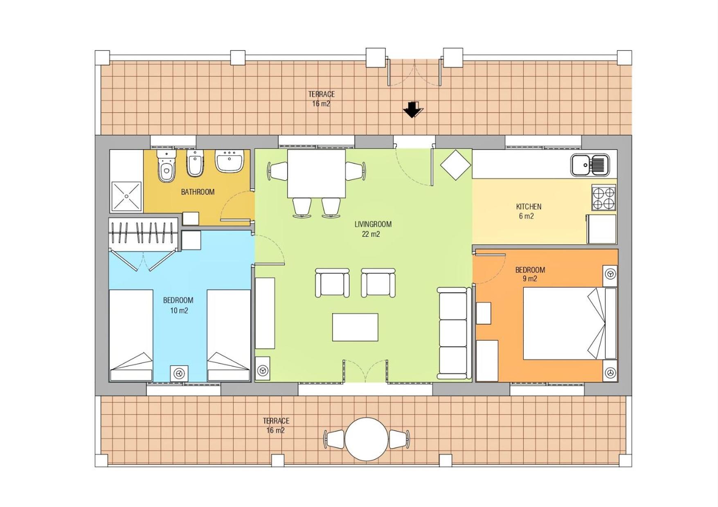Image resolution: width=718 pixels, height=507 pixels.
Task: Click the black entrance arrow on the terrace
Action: pos(413,109)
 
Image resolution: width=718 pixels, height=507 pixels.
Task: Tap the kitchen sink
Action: pos(590,165)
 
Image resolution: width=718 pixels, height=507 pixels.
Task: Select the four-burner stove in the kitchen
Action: pos(604,197)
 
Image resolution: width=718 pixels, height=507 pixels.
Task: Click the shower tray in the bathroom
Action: pos(126,196)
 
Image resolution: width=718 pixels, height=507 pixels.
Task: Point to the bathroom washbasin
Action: pos(230,160)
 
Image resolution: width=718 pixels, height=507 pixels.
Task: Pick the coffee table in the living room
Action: pos(355,327)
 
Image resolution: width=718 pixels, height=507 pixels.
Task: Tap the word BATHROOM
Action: pos(198,192)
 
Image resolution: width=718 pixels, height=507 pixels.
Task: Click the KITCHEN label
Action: pos(529,207)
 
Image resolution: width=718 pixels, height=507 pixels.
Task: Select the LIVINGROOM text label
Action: pos(373,224)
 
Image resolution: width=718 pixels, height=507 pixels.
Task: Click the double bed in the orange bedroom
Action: pos(570,323)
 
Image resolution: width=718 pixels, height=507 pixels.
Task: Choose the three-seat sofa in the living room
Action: pos(453,333)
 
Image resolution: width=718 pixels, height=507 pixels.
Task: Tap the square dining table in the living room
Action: pos(316,173)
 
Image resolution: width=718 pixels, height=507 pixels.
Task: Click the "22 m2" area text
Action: pos(371,234)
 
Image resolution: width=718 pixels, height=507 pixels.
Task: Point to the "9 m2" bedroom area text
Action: pos(529,279)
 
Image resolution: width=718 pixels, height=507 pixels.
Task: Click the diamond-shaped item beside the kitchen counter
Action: pos(455,165)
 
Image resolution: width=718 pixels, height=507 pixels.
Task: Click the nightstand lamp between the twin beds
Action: pos(179,373)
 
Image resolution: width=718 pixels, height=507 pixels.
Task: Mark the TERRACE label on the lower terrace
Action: pos(276,421)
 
